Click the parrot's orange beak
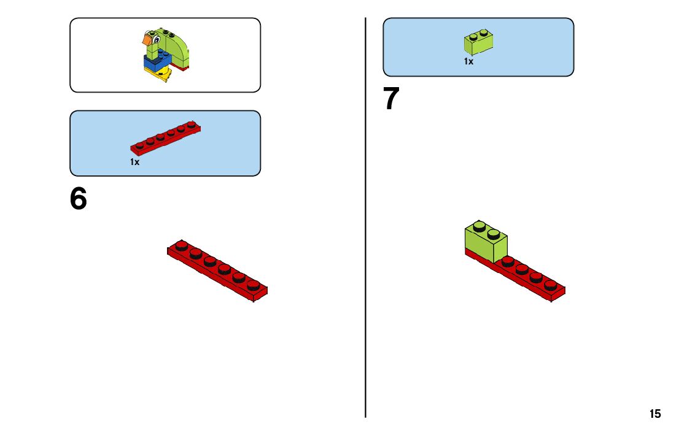pyautogui.click(x=147, y=40)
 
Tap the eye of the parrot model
pyautogui.click(x=156, y=40)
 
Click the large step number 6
pyautogui.click(x=79, y=199)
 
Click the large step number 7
pyautogui.click(x=391, y=99)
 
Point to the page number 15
pyautogui.click(x=655, y=414)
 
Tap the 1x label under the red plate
pyautogui.click(x=134, y=162)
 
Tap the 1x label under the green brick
pyautogui.click(x=468, y=61)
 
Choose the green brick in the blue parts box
pyautogui.click(x=479, y=42)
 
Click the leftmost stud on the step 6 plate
pyautogui.click(x=181, y=246)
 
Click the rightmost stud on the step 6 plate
pyautogui.click(x=253, y=284)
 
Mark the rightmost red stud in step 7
pyautogui.click(x=550, y=284)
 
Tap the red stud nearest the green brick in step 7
pyautogui.click(x=508, y=261)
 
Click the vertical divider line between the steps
pyautogui.click(x=366, y=245)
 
